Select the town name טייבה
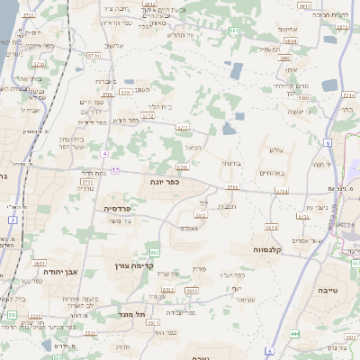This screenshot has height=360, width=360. click(330, 290)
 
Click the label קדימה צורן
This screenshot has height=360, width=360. click(135, 265)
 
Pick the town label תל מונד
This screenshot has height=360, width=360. click(132, 315)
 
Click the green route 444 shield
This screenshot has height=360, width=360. click(295, 334)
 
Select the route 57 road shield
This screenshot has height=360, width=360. click(115, 170)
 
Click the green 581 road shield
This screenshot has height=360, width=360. click(233, 31)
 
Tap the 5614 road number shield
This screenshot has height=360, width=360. click(282, 192)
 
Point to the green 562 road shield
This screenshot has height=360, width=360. click(155, 252)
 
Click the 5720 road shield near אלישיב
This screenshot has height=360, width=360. click(94, 55)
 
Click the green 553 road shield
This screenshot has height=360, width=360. click(11, 314)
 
